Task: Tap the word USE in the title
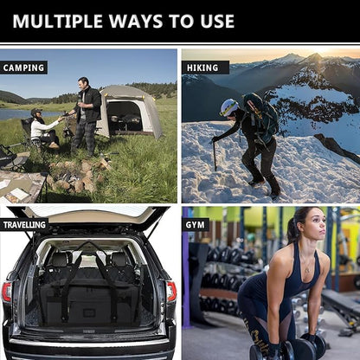pos(211,21)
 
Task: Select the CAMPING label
pos(24,67)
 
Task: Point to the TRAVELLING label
pos(24,224)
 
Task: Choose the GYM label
pos(197,224)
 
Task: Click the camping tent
pos(129,110)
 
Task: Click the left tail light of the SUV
pos(7,292)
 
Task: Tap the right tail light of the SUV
pos(170,292)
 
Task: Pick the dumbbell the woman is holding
pos(294,348)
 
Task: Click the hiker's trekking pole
pos(215,156)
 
